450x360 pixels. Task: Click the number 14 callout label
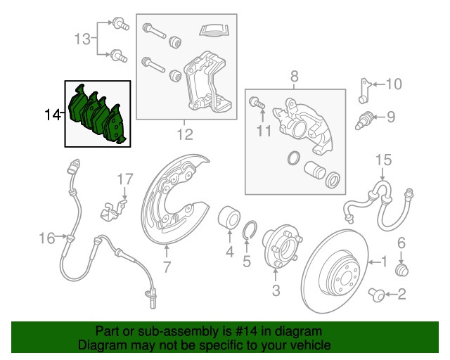coord(53,114)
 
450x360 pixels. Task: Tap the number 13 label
coord(82,39)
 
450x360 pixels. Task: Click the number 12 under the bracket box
coord(184,133)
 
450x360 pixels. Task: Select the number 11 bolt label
coord(263,131)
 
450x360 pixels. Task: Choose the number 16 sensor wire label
coord(46,239)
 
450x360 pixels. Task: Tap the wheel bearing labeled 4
coord(229,217)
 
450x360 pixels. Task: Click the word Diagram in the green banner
coord(99,345)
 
